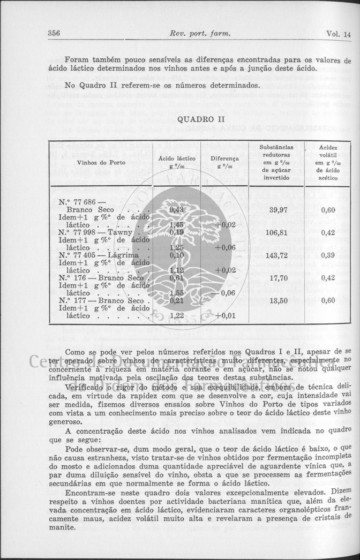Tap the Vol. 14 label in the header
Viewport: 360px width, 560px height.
point(338,34)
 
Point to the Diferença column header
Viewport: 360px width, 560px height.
point(224,162)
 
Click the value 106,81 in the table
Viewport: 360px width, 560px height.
point(276,233)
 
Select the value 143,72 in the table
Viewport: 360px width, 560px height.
point(276,255)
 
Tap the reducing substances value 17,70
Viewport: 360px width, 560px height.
point(277,278)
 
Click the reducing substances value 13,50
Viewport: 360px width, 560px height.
point(277,300)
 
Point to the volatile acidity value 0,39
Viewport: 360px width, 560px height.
point(328,255)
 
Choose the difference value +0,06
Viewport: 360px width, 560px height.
point(225,248)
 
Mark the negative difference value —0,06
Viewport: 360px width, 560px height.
point(224,293)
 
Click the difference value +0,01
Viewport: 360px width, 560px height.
point(225,316)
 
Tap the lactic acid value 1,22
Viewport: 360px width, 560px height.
point(176,316)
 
